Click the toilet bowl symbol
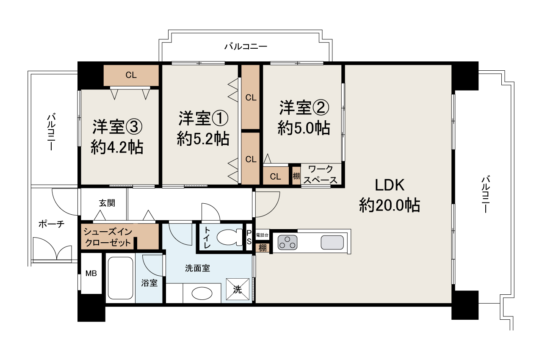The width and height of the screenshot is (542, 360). (x=230, y=237)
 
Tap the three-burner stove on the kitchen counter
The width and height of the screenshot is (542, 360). (x=288, y=242)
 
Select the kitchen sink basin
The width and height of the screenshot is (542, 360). (x=332, y=242)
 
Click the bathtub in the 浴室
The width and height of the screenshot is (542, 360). (x=120, y=278)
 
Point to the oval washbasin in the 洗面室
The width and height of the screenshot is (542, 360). (x=202, y=294)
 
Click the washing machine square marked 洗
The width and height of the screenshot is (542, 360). (x=238, y=289)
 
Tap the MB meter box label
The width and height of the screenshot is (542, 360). (x=91, y=273)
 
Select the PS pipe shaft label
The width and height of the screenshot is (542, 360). (x=249, y=237)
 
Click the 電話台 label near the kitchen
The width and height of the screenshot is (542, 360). (x=262, y=235)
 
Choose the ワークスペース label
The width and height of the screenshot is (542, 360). (x=321, y=174)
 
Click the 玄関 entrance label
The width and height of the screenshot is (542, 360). (x=107, y=203)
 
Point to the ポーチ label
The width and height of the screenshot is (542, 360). (x=52, y=224)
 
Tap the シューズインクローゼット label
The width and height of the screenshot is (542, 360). (x=108, y=237)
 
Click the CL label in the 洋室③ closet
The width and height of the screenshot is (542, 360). (x=131, y=75)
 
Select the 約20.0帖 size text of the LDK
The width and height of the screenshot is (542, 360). (x=390, y=205)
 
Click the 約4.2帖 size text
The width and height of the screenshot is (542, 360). (x=117, y=147)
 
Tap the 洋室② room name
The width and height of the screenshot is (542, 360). (x=304, y=108)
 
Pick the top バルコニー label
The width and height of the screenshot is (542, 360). (x=246, y=46)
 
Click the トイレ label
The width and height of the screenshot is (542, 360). (x=207, y=237)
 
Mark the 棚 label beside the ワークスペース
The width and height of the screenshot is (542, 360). (x=296, y=176)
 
